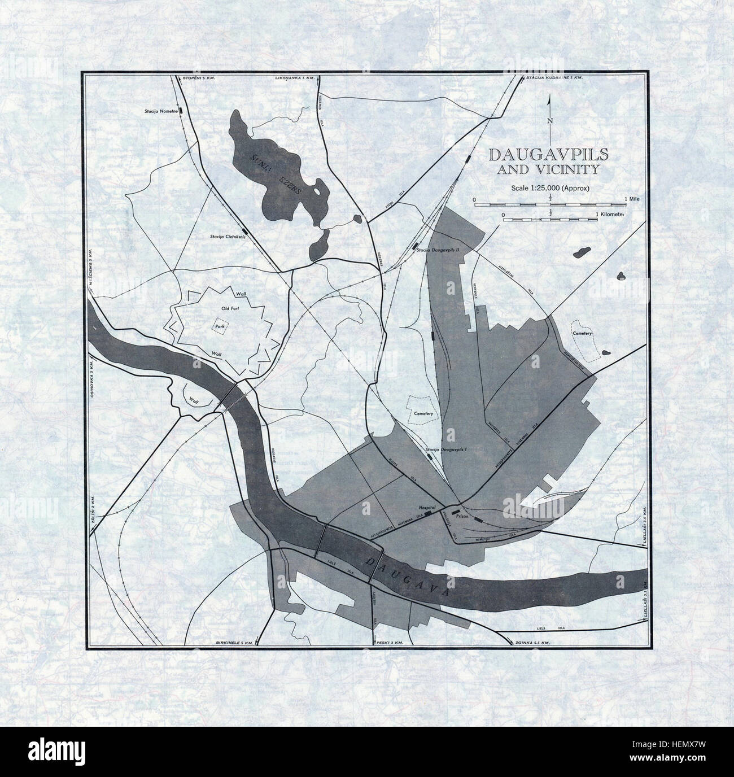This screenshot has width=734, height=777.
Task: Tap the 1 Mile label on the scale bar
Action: coord(633,199)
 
